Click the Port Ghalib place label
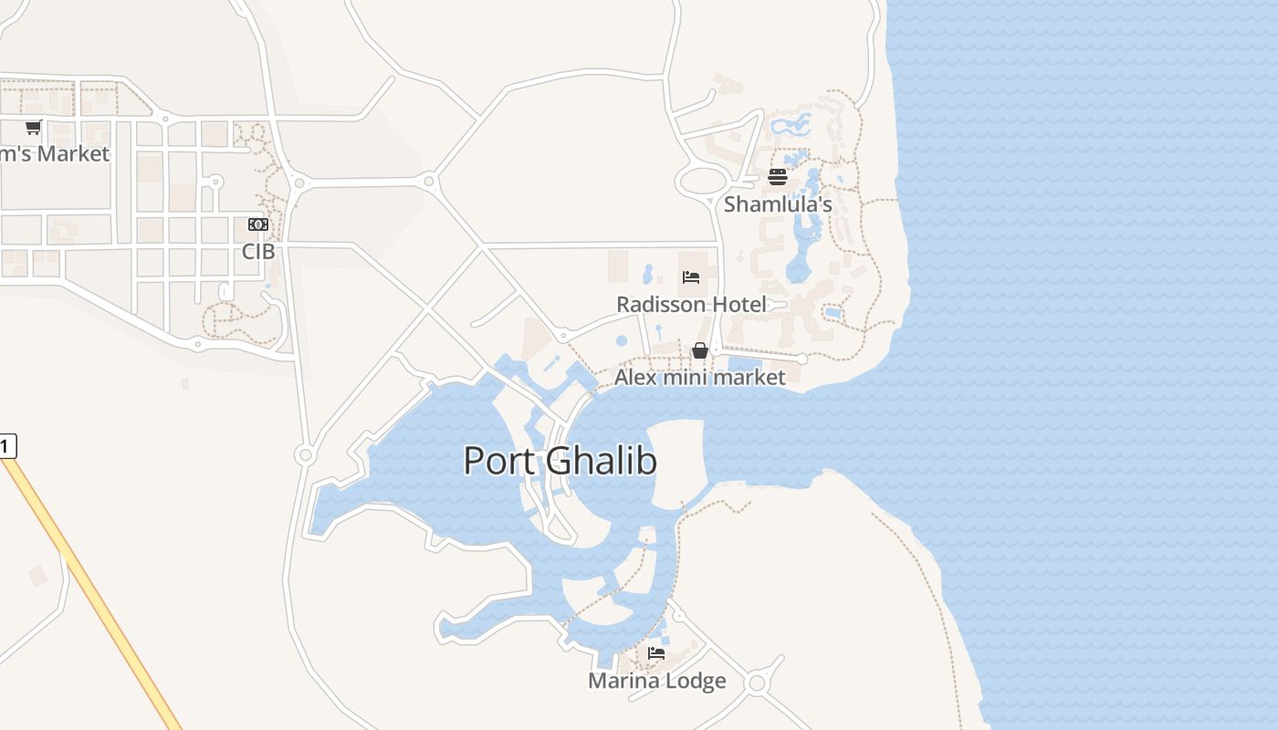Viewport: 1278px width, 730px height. pos(560,461)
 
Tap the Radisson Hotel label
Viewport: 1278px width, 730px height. pos(691,305)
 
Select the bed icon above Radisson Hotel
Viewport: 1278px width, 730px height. pos(691,276)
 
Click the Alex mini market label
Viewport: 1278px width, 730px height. pos(699,377)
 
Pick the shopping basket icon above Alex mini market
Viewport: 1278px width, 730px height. pos(700,350)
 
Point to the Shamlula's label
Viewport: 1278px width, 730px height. pos(778,204)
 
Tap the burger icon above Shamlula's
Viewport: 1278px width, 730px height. pos(778,177)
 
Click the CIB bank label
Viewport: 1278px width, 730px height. pos(258,251)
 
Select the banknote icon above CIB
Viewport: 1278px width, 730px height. pos(258,224)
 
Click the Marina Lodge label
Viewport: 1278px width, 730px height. pos(657,681)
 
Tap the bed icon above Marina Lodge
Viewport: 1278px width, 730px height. pos(656,653)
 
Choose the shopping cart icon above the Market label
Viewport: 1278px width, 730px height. pos(34,127)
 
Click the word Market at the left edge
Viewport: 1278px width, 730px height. pos(73,153)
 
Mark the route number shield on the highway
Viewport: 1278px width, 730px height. pos(6,446)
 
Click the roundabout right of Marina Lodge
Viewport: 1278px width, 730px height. pos(756,683)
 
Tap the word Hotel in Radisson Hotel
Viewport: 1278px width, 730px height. pos(737,305)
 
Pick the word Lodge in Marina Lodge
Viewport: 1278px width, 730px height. pos(696,681)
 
